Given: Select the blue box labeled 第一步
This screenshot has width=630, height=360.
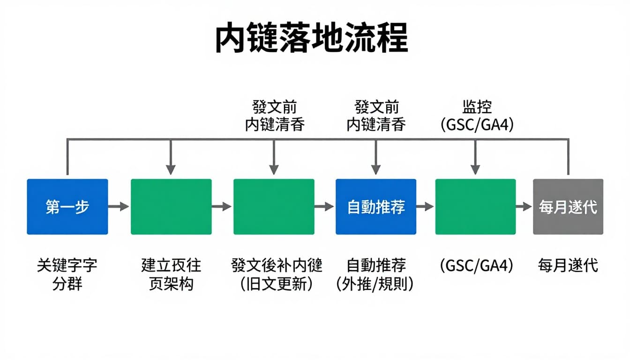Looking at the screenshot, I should [67, 207].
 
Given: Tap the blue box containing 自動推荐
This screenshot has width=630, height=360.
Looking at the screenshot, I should [376, 207].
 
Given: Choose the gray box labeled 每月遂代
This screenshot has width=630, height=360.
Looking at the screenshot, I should [568, 207].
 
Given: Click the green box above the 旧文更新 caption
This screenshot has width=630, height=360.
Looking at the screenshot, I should [274, 207].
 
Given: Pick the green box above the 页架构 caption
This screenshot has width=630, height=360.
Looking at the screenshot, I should [171, 207].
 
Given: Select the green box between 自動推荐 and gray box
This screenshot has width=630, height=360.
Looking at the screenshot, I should [475, 207].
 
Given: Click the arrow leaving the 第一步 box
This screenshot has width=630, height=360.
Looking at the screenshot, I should [119, 206].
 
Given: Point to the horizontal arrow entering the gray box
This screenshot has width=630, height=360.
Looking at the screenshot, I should [524, 206].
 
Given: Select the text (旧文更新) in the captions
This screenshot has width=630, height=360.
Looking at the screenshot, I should [277, 284].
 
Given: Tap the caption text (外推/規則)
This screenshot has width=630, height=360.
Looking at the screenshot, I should [375, 284].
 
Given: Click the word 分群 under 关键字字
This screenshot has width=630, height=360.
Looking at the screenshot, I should [67, 284].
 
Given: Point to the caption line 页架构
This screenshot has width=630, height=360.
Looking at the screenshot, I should [171, 284].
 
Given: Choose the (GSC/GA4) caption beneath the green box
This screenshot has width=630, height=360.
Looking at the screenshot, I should [477, 266].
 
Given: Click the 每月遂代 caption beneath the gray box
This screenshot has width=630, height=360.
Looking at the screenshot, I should [568, 266].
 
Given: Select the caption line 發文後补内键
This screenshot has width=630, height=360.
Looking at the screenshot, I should [277, 266].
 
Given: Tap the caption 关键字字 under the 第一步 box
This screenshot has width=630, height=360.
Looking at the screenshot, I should [67, 266].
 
